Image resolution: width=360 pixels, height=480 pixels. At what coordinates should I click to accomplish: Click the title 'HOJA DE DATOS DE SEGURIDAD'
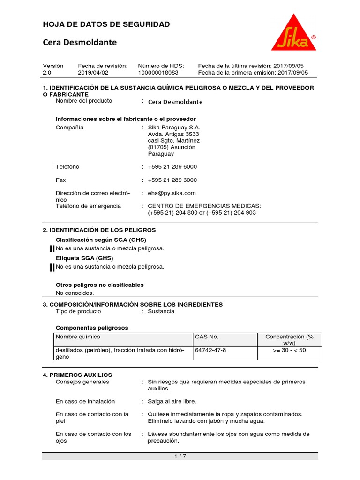(x=106, y=24)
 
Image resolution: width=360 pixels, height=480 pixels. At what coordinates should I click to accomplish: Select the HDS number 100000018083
(x=158, y=73)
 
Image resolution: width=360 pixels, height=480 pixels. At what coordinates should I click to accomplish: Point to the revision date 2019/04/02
(x=93, y=73)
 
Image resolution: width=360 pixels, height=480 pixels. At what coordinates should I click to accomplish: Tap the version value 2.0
(x=47, y=73)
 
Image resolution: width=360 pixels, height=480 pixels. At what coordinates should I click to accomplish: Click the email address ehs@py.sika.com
(x=172, y=193)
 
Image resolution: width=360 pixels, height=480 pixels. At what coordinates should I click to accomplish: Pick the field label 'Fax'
(x=61, y=180)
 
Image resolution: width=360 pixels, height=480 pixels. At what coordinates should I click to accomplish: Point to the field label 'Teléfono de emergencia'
(x=88, y=206)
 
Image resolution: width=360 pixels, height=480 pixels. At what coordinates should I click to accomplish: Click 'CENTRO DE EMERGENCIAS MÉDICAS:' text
(x=204, y=206)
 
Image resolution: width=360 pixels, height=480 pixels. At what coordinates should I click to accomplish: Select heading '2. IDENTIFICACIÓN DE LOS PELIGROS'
(x=99, y=230)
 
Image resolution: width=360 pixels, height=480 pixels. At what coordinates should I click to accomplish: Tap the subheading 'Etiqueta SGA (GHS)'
(x=84, y=258)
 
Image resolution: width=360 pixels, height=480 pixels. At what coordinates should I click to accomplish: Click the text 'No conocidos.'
(x=75, y=293)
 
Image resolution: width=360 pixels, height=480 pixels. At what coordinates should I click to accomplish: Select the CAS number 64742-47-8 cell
(x=210, y=350)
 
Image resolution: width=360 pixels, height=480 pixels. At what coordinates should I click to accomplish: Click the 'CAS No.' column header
(x=207, y=337)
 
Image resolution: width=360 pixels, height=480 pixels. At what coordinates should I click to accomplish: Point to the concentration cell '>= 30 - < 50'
(x=289, y=350)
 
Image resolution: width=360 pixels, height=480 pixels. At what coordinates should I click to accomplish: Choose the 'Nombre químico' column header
(x=78, y=337)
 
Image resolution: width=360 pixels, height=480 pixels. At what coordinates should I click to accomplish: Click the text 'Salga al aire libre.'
(x=172, y=402)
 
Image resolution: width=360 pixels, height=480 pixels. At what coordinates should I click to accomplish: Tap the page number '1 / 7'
(x=180, y=457)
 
